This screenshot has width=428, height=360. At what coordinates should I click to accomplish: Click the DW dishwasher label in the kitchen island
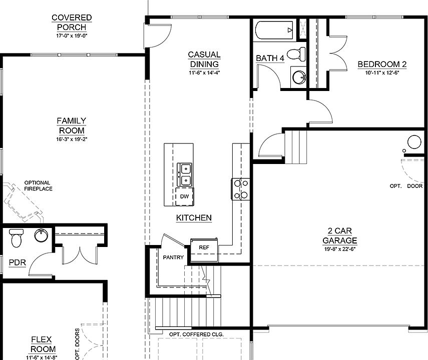click(185, 196)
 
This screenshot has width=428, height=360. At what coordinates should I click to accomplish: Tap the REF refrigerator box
click(204, 247)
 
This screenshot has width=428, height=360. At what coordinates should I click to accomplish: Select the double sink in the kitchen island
click(185, 174)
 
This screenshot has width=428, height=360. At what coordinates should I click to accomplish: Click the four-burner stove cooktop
click(240, 189)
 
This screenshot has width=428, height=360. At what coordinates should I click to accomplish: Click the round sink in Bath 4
click(299, 78)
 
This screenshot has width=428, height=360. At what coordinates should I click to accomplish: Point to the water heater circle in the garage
click(414, 142)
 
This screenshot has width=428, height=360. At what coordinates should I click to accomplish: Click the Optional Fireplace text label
click(38, 185)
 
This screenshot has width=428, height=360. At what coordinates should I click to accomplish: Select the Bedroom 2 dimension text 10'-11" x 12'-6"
click(381, 72)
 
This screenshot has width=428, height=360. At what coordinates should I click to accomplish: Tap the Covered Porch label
click(71, 22)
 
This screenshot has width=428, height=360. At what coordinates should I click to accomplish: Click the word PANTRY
click(174, 257)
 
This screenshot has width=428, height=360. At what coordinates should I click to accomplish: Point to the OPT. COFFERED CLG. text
click(196, 334)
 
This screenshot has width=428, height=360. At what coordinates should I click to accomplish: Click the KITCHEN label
click(194, 218)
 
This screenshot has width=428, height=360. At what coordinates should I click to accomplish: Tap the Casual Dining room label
click(204, 59)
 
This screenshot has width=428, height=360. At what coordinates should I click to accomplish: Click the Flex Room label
click(43, 344)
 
